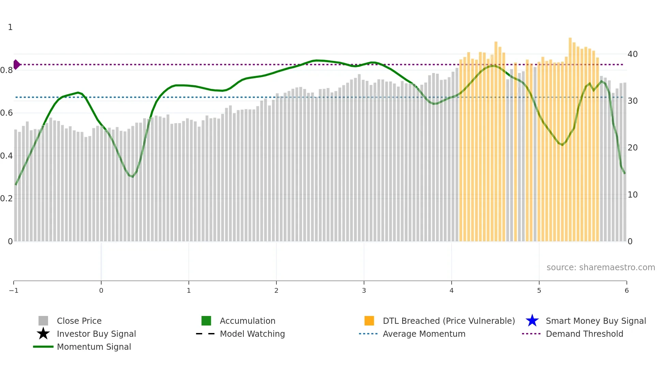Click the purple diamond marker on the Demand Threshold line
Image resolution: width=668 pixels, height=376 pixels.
pos(16,64)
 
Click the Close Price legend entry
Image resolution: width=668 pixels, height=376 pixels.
pos(79,321)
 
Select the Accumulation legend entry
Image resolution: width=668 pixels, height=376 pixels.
pos(247,321)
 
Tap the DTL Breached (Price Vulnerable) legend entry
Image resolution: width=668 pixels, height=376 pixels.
pos(449,321)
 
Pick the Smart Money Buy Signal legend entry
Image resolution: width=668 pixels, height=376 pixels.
pos(596,321)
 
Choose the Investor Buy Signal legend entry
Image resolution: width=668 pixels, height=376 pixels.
pos(96,334)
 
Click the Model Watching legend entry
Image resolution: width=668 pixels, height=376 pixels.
pos(252,334)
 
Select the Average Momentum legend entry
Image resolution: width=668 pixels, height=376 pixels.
pos(424,334)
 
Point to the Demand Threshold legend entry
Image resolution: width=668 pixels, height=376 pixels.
pos(584,334)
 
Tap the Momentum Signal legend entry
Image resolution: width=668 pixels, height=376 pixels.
pos(94,347)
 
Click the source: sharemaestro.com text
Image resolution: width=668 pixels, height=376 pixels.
pos(601,267)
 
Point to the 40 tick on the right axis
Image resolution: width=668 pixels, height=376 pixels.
pos(633,54)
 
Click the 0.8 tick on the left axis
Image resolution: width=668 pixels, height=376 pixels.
pos(6,70)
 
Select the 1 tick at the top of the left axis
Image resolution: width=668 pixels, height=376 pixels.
pos(10,27)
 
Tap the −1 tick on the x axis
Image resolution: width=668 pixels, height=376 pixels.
pos(14,290)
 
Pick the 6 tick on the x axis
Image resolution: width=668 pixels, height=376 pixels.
pos(626,290)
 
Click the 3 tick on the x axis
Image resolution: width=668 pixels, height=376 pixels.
pos(364,290)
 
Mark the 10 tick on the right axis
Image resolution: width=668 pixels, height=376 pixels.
pos(633,194)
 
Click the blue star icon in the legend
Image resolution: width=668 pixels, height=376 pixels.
pos(532,321)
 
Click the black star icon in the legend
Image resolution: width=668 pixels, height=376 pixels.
pos(43,334)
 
